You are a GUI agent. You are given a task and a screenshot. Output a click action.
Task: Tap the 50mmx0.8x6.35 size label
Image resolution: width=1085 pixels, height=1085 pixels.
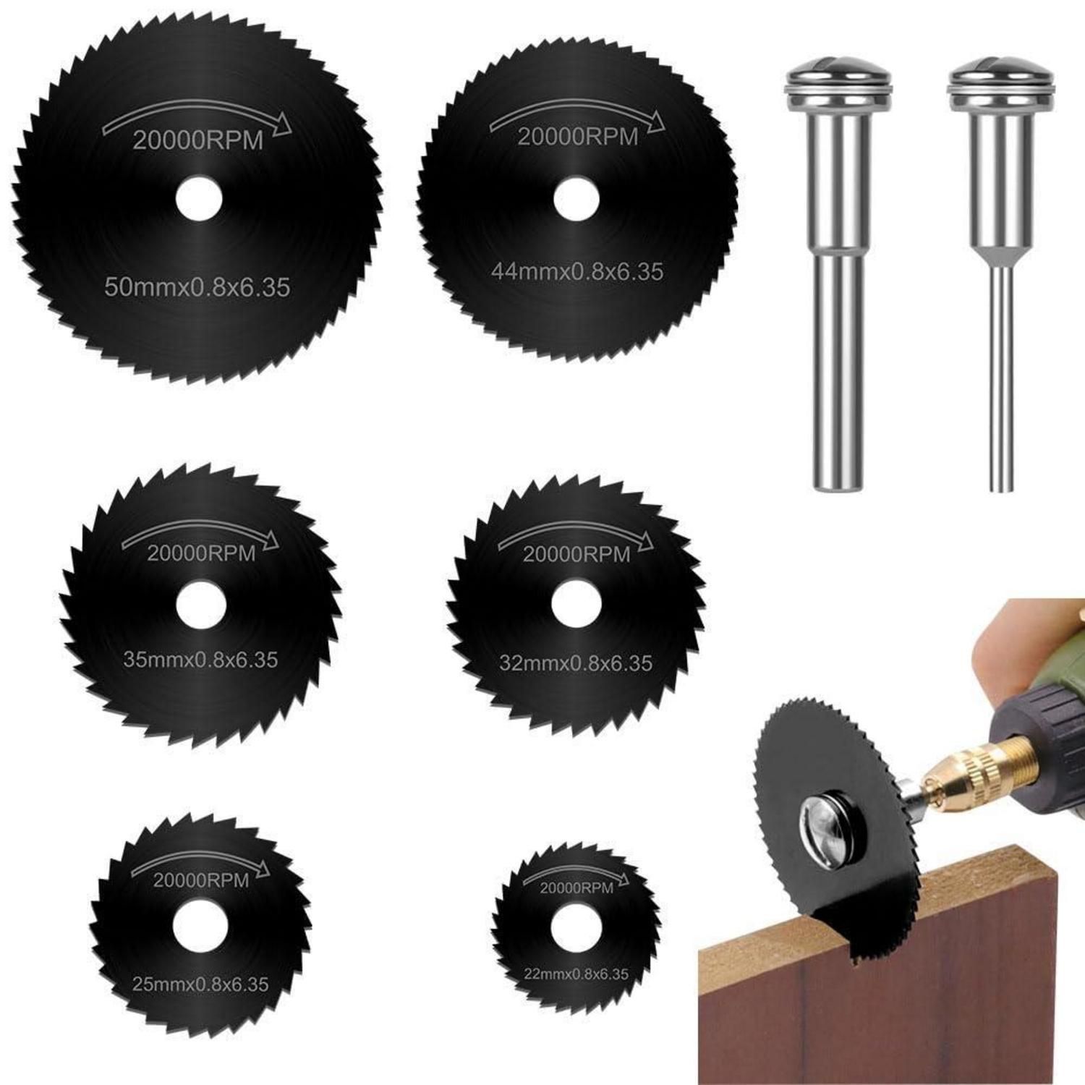[x=197, y=287]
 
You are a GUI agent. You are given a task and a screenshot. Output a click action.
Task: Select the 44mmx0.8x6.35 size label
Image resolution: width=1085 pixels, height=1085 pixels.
[x=576, y=271]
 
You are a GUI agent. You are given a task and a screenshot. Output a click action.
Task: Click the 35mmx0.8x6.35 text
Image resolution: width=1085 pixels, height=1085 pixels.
[x=200, y=660]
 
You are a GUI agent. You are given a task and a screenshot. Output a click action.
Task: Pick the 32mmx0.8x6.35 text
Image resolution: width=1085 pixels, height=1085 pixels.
[x=576, y=663]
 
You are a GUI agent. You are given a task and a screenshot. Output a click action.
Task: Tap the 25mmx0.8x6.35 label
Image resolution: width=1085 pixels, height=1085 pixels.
[x=200, y=984]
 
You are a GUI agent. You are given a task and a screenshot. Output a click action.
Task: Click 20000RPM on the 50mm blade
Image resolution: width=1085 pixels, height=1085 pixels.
[x=197, y=140]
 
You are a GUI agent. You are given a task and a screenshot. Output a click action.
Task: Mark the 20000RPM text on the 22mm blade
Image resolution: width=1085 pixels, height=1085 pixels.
[x=576, y=888]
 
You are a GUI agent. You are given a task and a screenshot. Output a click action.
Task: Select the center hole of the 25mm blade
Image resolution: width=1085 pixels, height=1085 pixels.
[x=200, y=927]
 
